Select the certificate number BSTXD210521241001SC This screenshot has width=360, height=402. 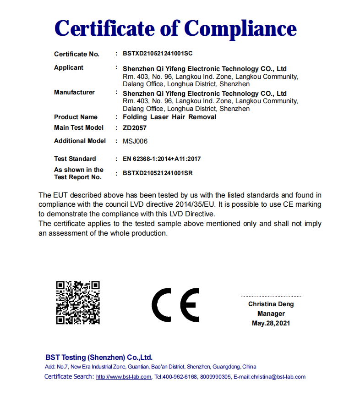pos(158,54)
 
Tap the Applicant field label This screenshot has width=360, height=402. pos(69,68)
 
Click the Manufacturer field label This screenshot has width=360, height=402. pos(74,93)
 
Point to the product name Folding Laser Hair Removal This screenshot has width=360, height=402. pos(169,117)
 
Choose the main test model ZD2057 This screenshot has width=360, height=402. pos(135,128)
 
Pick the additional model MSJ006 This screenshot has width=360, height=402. pos(135,141)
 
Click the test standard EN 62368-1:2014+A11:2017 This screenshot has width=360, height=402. pos(162,159)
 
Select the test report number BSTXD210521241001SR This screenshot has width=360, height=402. pos(158,174)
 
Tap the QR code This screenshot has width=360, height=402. pos(78,303)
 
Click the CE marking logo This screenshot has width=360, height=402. pos(175,305)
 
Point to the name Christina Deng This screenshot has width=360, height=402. pos(271,304)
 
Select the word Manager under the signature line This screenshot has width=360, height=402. pos(271,314)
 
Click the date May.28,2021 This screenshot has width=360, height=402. pos(271,324)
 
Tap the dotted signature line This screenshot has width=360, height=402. pos(271,297)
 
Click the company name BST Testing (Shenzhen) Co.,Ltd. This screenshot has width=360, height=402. pos(99,358)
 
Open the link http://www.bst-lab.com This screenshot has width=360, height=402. pos(124,377)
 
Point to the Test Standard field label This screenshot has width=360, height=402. pos(75,159)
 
